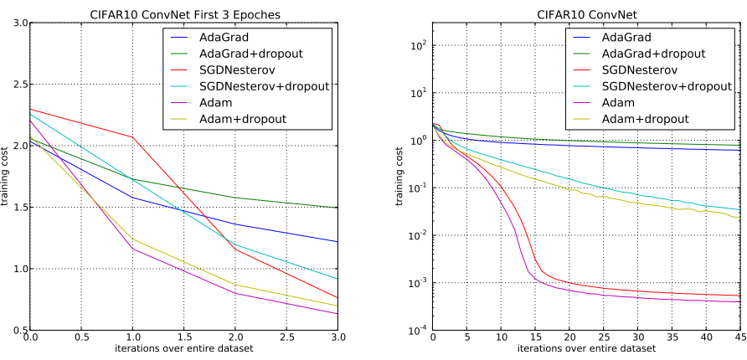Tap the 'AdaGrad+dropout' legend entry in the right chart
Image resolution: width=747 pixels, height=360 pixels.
point(653,54)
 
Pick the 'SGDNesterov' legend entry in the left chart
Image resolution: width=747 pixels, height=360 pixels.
point(233,69)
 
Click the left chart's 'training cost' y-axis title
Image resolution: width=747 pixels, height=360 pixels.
point(8,177)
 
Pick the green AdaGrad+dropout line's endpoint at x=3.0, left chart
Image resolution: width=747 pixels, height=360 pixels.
point(337,208)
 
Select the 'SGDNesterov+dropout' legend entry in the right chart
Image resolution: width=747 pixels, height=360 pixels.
point(665,86)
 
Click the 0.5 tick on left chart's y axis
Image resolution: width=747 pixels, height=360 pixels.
point(18,331)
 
